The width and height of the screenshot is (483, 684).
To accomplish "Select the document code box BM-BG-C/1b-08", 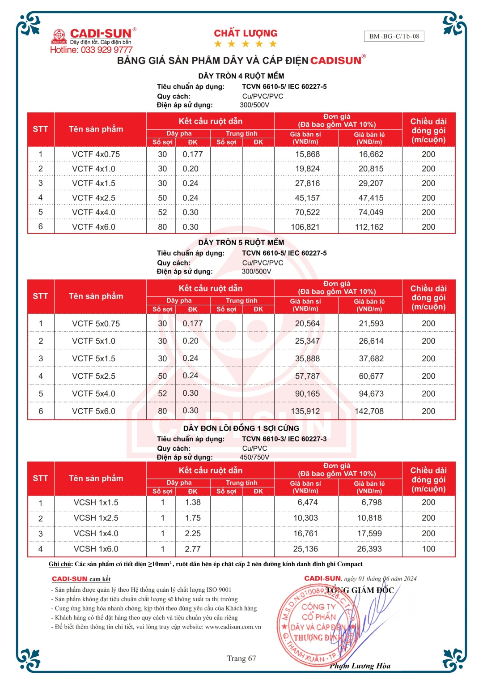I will [394, 36].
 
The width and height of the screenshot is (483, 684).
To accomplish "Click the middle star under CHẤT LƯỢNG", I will [246, 44].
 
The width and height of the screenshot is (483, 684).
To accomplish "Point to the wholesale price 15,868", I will [307, 154].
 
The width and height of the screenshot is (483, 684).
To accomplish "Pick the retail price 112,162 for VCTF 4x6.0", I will [369, 227].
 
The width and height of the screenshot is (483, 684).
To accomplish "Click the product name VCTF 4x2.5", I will [93, 198].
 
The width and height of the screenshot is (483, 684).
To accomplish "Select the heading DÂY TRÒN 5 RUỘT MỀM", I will [241, 242].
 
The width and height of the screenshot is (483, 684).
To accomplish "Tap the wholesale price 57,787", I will [307, 376].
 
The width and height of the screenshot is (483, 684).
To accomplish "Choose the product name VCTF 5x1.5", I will [93, 359].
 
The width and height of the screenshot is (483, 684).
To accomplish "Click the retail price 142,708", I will [369, 411].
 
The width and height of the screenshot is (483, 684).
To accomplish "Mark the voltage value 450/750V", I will [254, 457].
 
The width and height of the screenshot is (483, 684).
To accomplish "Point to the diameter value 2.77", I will [193, 549].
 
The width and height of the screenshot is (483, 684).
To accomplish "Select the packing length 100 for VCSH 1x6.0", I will [428, 549].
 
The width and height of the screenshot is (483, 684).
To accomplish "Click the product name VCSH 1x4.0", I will [96, 534].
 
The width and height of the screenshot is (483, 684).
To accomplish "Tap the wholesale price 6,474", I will [308, 502].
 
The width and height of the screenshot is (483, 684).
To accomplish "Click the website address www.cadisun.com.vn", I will [233, 627].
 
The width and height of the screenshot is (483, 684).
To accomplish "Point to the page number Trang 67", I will [241, 658].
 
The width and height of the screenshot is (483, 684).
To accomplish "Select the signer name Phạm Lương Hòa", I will [360, 666].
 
